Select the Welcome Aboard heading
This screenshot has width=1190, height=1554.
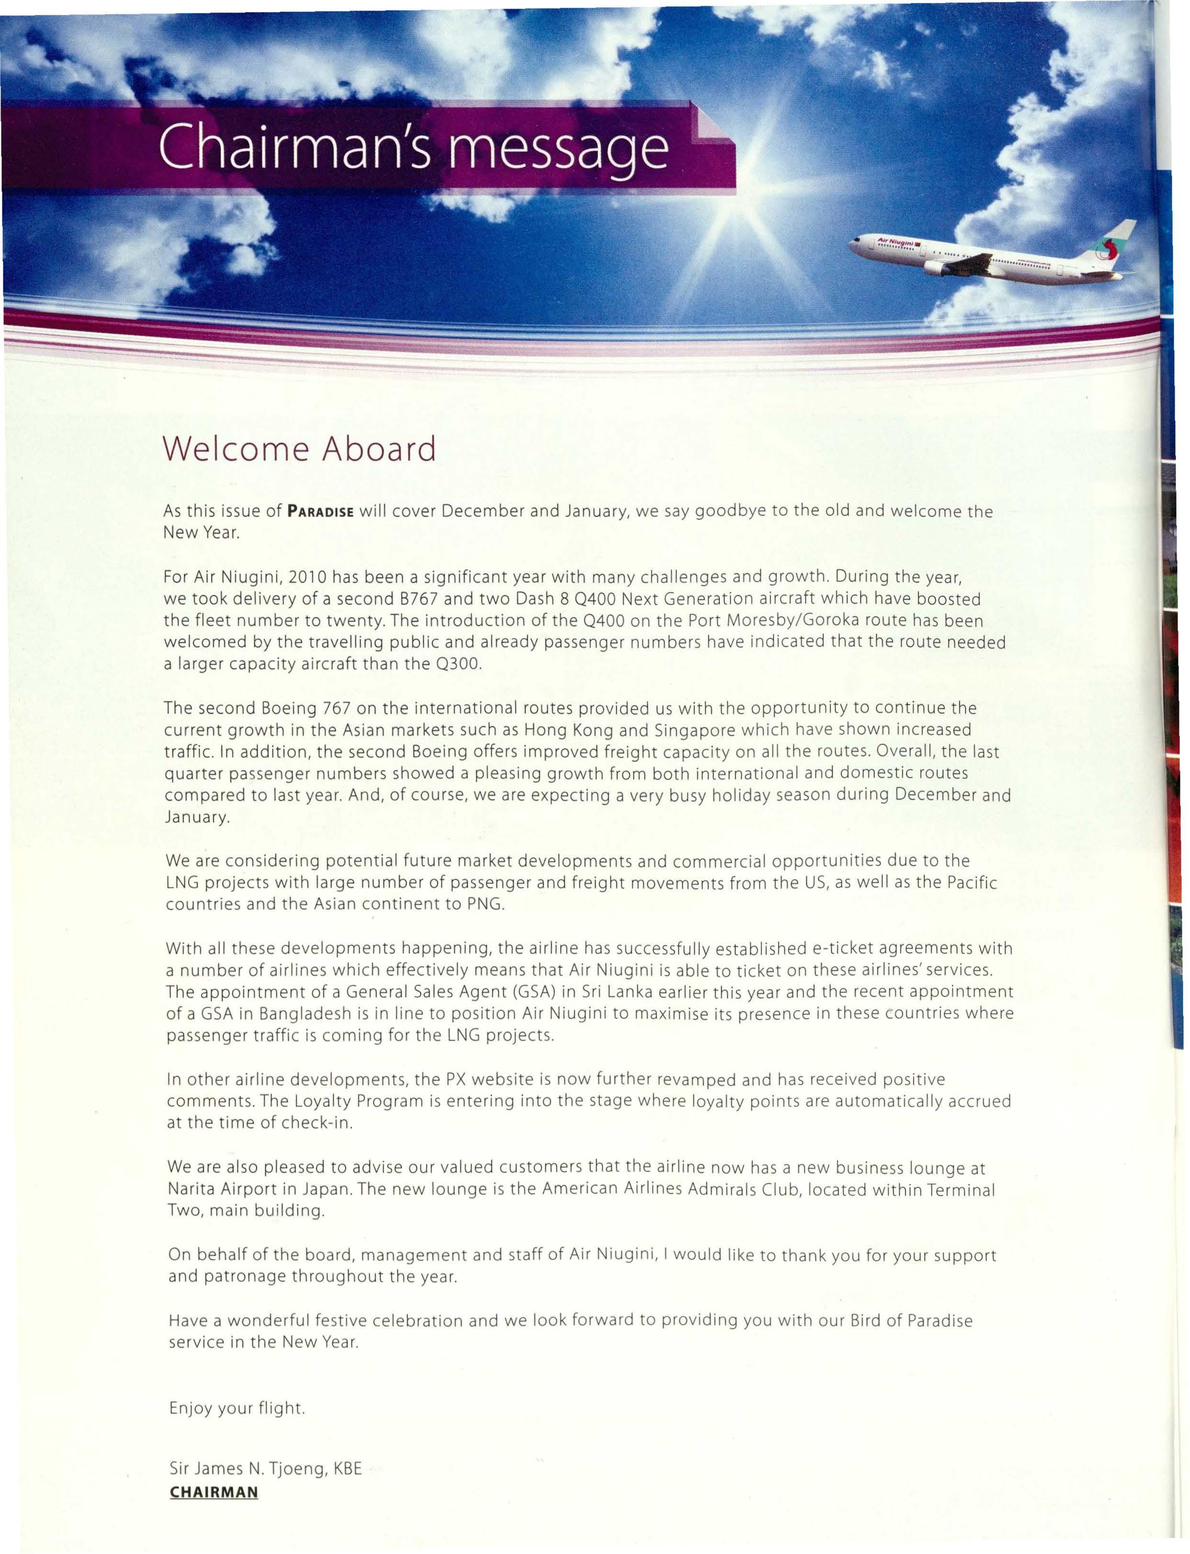click(299, 449)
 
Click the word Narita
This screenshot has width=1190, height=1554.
click(196, 1189)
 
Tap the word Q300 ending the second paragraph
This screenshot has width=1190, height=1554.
click(460, 664)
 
